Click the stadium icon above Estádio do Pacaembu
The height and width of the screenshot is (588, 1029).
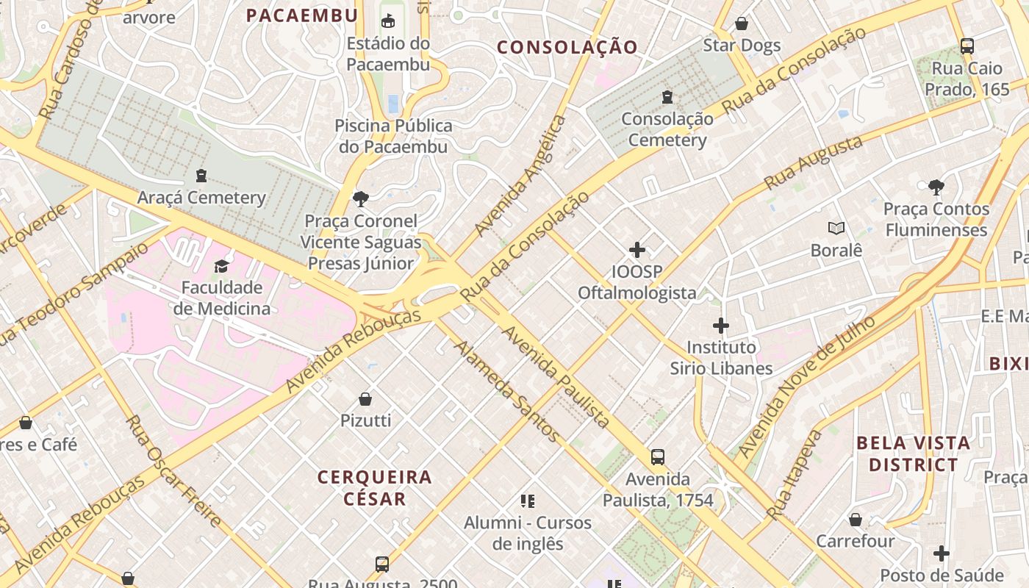point(388,21)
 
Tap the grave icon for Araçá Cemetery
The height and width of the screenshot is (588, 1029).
point(201,176)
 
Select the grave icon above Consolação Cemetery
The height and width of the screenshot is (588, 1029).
point(667,96)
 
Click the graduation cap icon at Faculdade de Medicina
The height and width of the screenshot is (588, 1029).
point(221,266)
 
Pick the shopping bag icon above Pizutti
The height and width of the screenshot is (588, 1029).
point(365,399)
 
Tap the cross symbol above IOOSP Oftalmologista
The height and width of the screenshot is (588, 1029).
point(637,251)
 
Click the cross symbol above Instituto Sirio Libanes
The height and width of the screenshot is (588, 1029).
point(721,326)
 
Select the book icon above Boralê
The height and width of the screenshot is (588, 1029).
point(836,229)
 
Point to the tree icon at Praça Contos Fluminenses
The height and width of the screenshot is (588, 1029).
point(936,187)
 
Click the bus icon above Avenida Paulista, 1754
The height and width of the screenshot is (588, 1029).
point(658,457)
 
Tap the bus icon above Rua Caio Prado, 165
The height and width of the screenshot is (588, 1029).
point(967,46)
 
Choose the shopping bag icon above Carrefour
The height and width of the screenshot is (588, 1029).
point(856,520)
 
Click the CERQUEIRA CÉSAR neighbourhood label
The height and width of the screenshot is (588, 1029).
point(375,488)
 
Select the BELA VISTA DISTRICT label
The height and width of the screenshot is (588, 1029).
point(914,454)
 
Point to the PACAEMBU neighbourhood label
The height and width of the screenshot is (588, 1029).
point(302,15)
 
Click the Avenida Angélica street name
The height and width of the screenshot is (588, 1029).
point(520,176)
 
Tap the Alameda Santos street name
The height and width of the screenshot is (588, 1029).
point(506,390)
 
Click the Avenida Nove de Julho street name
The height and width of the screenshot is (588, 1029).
point(806,387)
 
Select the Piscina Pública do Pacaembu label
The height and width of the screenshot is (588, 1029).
point(393,136)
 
